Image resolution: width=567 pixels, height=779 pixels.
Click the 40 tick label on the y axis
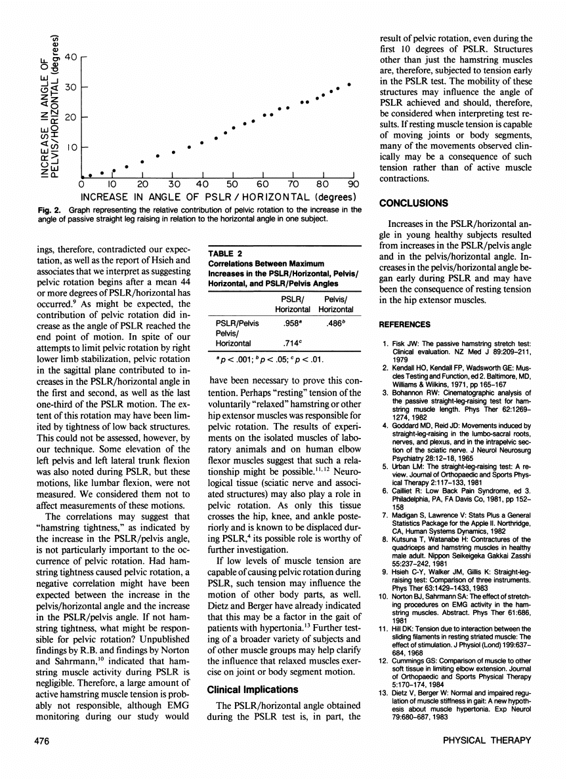coord(70,57)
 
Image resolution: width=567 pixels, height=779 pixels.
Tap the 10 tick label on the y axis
coord(70,148)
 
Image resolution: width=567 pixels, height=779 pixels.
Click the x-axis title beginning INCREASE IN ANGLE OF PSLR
coord(218,197)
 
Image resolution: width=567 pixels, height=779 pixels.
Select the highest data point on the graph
coord(350,84)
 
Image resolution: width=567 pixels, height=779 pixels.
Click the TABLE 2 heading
coord(226,254)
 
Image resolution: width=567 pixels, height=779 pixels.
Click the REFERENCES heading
coord(405,325)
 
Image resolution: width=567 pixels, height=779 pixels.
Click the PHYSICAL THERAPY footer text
coord(488,740)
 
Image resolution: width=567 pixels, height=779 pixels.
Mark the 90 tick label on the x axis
coord(354,184)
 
